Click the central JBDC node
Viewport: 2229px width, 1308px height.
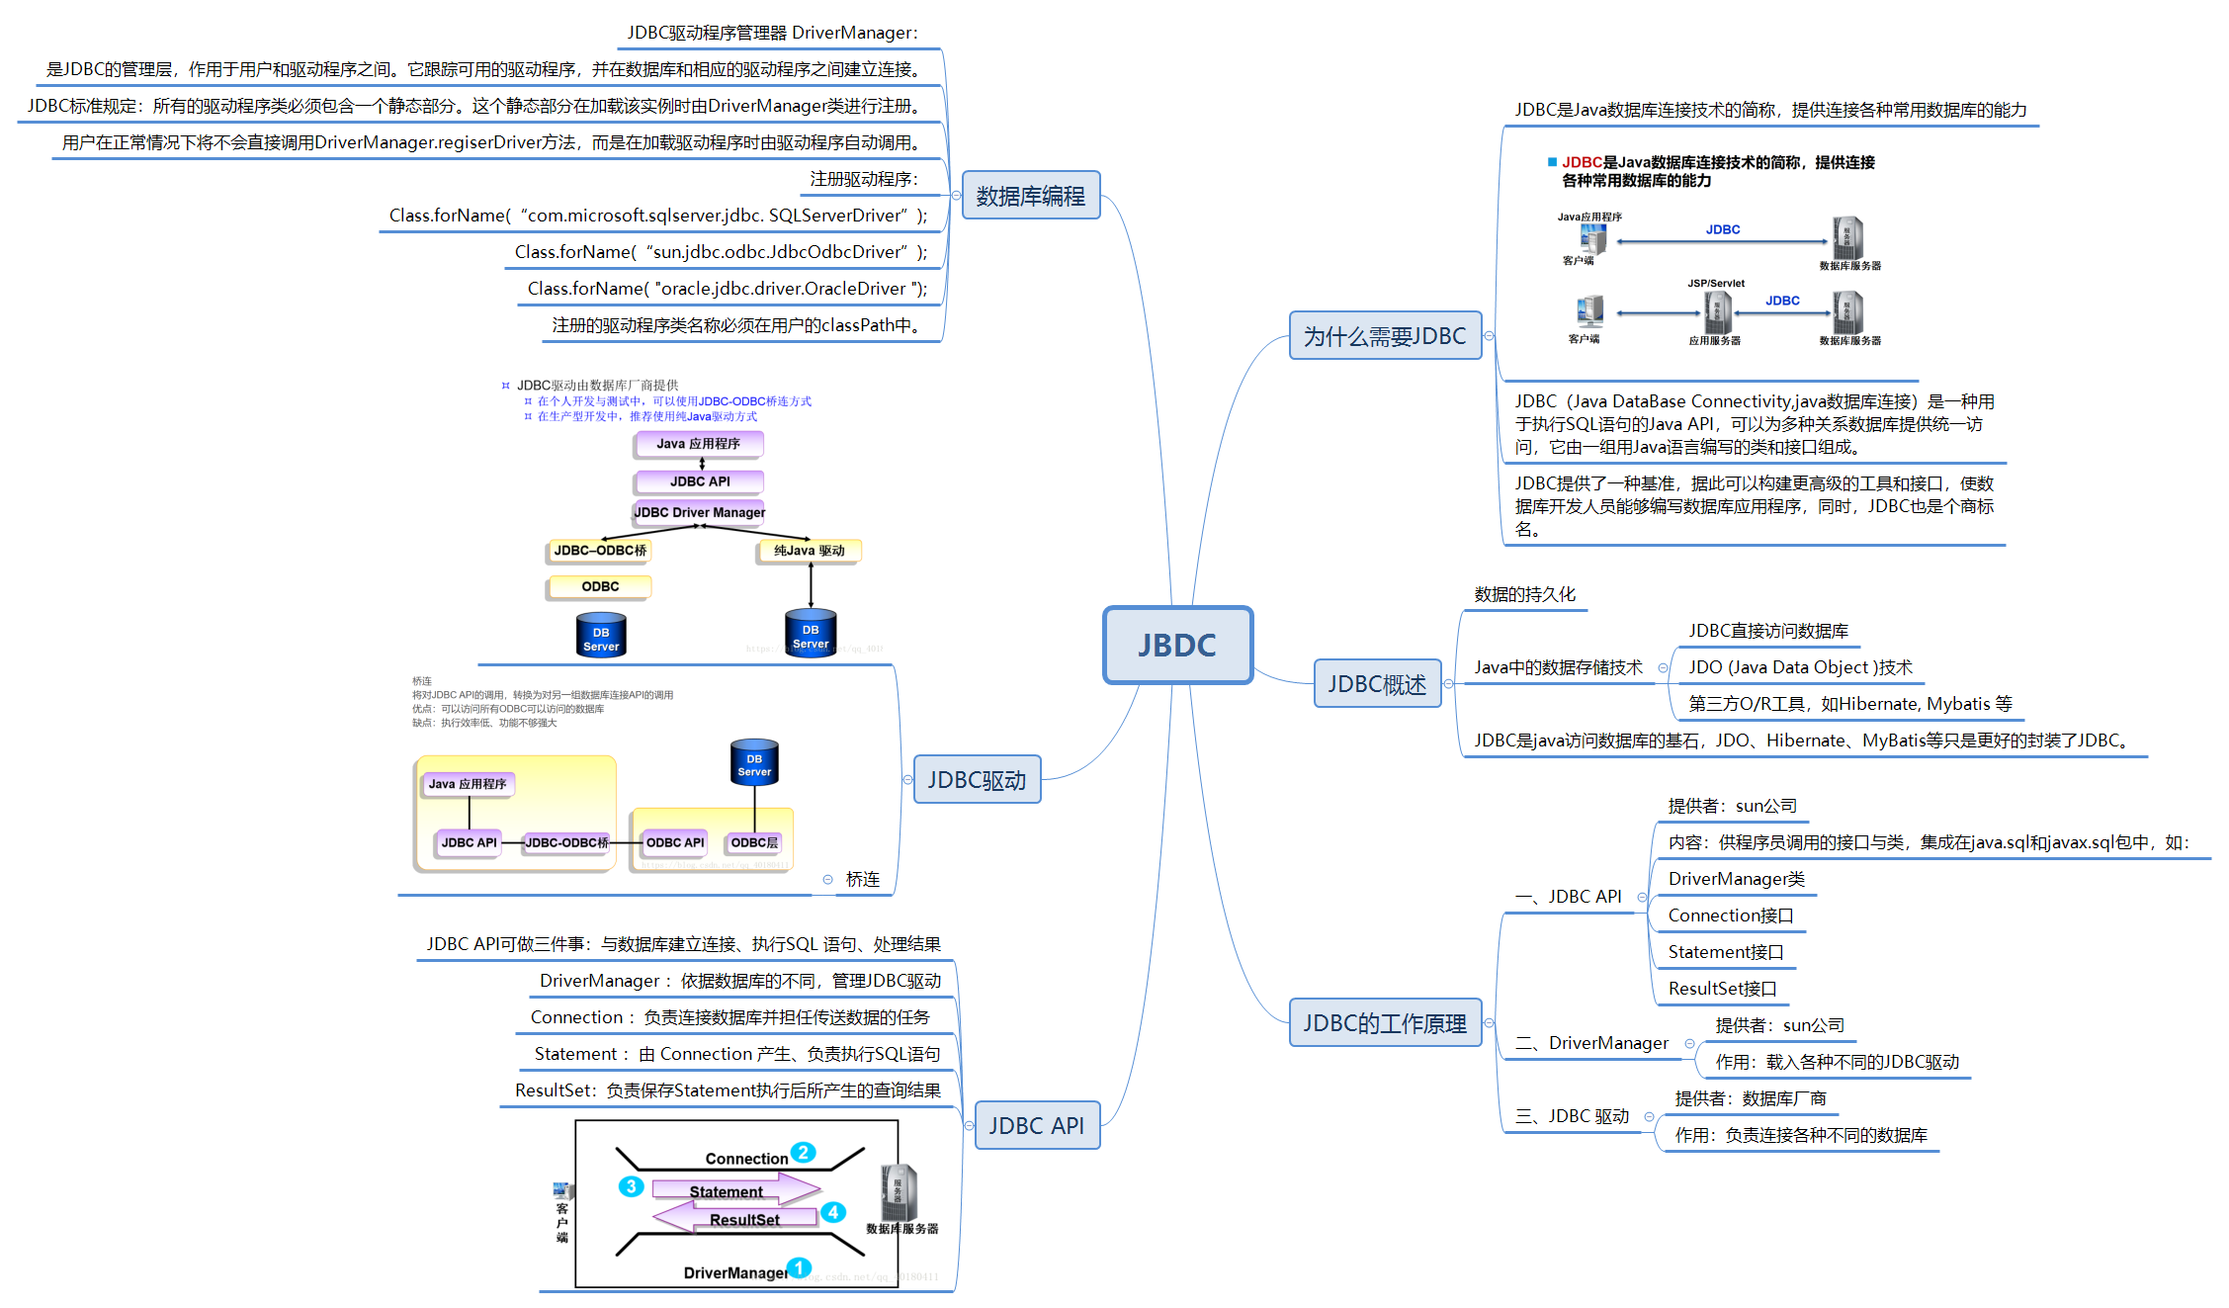coord(1177,645)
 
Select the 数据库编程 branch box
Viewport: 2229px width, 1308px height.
coord(1030,196)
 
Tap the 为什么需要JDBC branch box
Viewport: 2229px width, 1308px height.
coord(1384,336)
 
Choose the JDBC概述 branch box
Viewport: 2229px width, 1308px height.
coord(1376,684)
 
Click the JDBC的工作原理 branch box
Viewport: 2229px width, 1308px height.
coord(1384,1023)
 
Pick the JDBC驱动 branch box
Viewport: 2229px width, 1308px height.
coord(977,780)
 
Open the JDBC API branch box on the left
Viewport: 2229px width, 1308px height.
coord(1036,1125)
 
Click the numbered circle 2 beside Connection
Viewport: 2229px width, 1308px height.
coord(804,1153)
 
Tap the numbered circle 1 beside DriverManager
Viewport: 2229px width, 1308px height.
coord(799,1267)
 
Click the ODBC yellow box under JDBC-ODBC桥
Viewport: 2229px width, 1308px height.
coord(599,586)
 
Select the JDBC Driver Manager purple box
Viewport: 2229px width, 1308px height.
coord(699,512)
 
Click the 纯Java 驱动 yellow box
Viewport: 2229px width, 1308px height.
coord(809,551)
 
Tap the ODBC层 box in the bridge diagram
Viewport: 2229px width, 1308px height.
coord(754,842)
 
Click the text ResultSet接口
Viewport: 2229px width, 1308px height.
coord(1722,989)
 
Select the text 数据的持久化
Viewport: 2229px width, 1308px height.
coord(1524,594)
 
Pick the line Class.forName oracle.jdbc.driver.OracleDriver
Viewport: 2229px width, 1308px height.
coord(728,289)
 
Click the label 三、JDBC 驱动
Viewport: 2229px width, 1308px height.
coord(1572,1116)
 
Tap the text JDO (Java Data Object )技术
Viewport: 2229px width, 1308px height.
coord(1800,667)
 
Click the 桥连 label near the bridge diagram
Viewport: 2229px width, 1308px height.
coord(862,879)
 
